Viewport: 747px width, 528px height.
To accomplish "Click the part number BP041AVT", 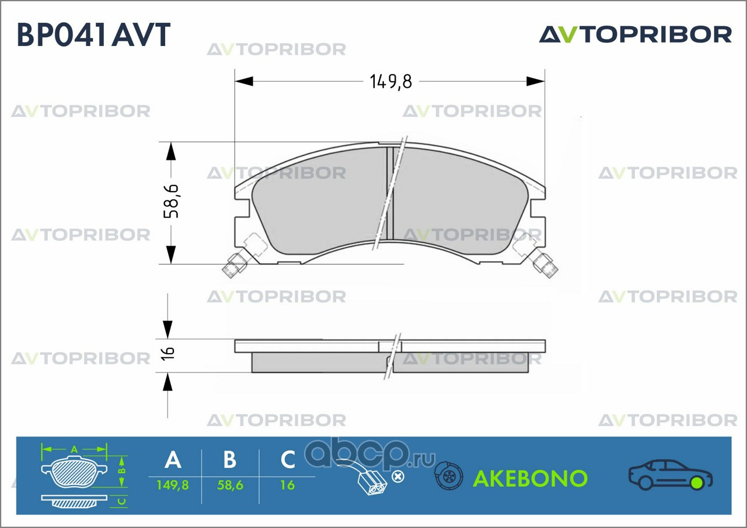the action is pyautogui.click(x=93, y=35).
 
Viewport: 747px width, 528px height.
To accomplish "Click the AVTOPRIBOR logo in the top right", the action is pyautogui.click(x=635, y=34).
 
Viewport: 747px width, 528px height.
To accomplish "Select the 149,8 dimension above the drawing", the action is pyautogui.click(x=390, y=82).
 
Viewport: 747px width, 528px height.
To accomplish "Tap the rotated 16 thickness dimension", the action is pyautogui.click(x=168, y=353).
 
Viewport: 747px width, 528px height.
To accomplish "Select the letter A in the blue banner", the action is pyautogui.click(x=173, y=460).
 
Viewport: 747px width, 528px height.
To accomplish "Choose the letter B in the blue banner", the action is pyautogui.click(x=230, y=460).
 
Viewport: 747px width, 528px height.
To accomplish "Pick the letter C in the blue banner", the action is pyautogui.click(x=288, y=460).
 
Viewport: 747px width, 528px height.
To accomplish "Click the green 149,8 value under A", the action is pyautogui.click(x=173, y=485).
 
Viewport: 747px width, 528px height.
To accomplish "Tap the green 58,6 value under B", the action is pyautogui.click(x=230, y=485).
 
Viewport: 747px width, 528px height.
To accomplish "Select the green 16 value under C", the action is pyautogui.click(x=288, y=485).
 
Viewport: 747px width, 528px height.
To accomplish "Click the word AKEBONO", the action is pyautogui.click(x=530, y=478).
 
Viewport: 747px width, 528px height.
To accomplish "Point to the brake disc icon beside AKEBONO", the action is pyautogui.click(x=449, y=478).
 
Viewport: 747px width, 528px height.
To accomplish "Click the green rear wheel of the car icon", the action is pyautogui.click(x=697, y=483).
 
